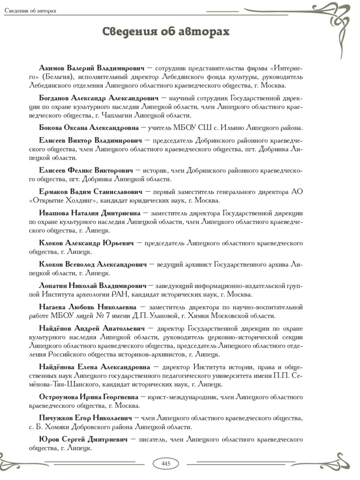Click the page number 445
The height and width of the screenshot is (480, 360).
coord(166,463)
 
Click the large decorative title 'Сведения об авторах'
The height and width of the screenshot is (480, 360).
coord(166,31)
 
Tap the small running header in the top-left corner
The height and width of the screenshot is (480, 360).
coord(30,11)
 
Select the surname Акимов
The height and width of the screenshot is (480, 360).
coord(51,67)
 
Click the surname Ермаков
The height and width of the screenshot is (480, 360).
coord(53,191)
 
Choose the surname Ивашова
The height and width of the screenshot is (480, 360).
coord(54,213)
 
